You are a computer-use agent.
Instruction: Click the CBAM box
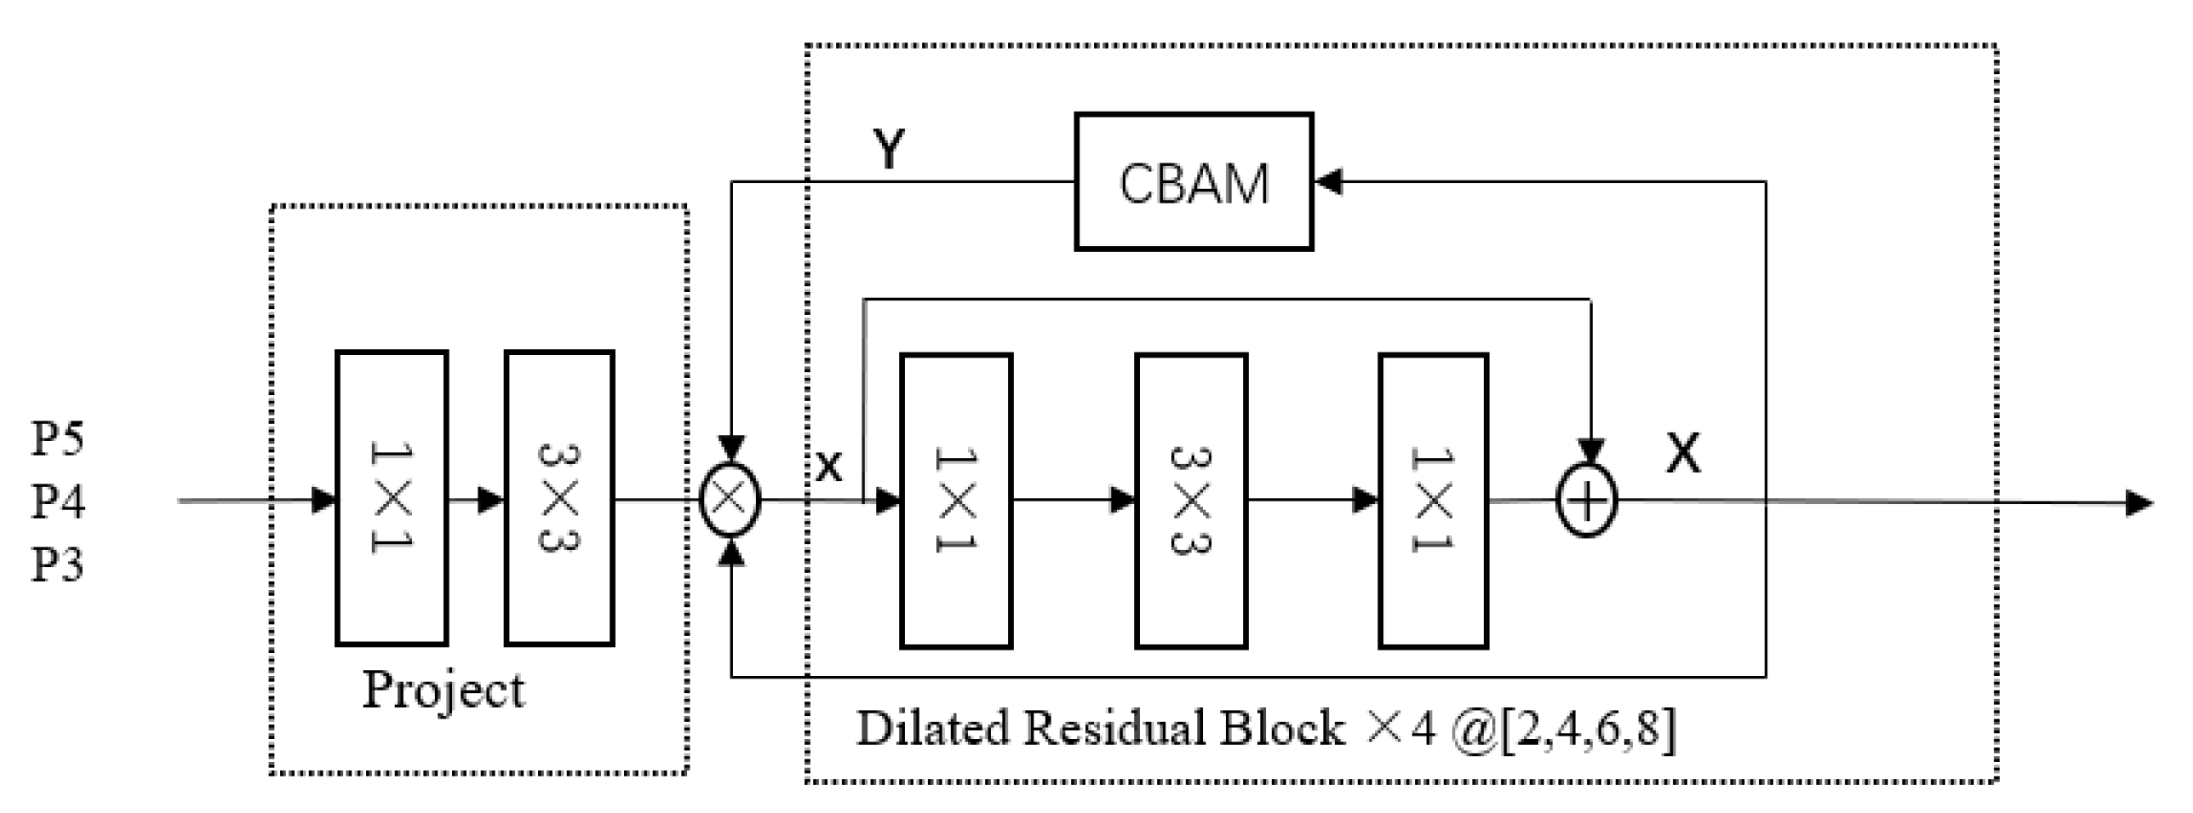[x=1193, y=181]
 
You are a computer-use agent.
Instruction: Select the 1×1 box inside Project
[x=392, y=498]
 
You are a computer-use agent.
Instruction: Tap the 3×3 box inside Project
[x=559, y=498]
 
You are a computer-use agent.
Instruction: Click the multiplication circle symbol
[x=730, y=501]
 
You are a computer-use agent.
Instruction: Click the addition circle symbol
[x=1587, y=501]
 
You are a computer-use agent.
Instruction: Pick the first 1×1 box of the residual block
[x=956, y=501]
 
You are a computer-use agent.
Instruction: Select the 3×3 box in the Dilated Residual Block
[x=1191, y=501]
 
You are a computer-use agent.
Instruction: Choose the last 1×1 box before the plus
[x=1433, y=501]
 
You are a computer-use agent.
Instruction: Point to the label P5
[x=58, y=439]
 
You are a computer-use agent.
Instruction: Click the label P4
[x=58, y=501]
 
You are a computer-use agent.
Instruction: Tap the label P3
[x=58, y=564]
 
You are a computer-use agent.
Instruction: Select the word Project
[x=444, y=690]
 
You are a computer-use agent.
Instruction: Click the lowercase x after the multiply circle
[x=828, y=467]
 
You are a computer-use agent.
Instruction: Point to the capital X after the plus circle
[x=1683, y=454]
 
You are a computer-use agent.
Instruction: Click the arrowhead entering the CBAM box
[x=1328, y=181]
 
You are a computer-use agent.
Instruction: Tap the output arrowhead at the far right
[x=2139, y=502]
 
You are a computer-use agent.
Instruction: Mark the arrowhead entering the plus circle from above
[x=1590, y=451]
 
